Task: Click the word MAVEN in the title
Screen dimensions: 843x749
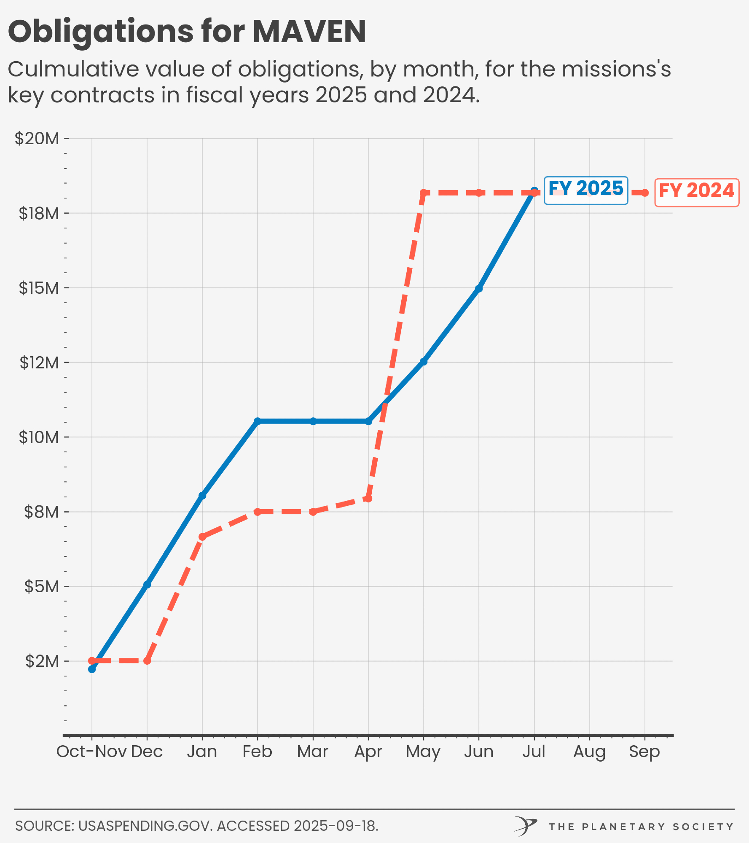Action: point(309,32)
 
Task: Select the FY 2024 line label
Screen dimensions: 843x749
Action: point(696,191)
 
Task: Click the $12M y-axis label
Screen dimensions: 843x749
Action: point(39,362)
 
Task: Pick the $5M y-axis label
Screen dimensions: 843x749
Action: point(41,586)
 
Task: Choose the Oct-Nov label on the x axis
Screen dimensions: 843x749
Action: point(91,752)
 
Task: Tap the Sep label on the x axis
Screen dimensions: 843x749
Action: point(644,752)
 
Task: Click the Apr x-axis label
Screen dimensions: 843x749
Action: point(368,752)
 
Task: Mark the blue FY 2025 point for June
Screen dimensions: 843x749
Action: point(479,288)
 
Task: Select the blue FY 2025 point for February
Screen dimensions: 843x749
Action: point(258,421)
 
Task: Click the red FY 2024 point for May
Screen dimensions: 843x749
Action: point(424,193)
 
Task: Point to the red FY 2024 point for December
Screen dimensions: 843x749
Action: point(147,660)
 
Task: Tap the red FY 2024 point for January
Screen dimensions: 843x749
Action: point(202,537)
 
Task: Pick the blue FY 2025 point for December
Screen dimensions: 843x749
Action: point(147,584)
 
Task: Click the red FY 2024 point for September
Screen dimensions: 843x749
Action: point(644,193)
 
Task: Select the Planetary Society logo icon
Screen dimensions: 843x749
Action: point(525,826)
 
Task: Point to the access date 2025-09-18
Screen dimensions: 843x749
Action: point(336,826)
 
